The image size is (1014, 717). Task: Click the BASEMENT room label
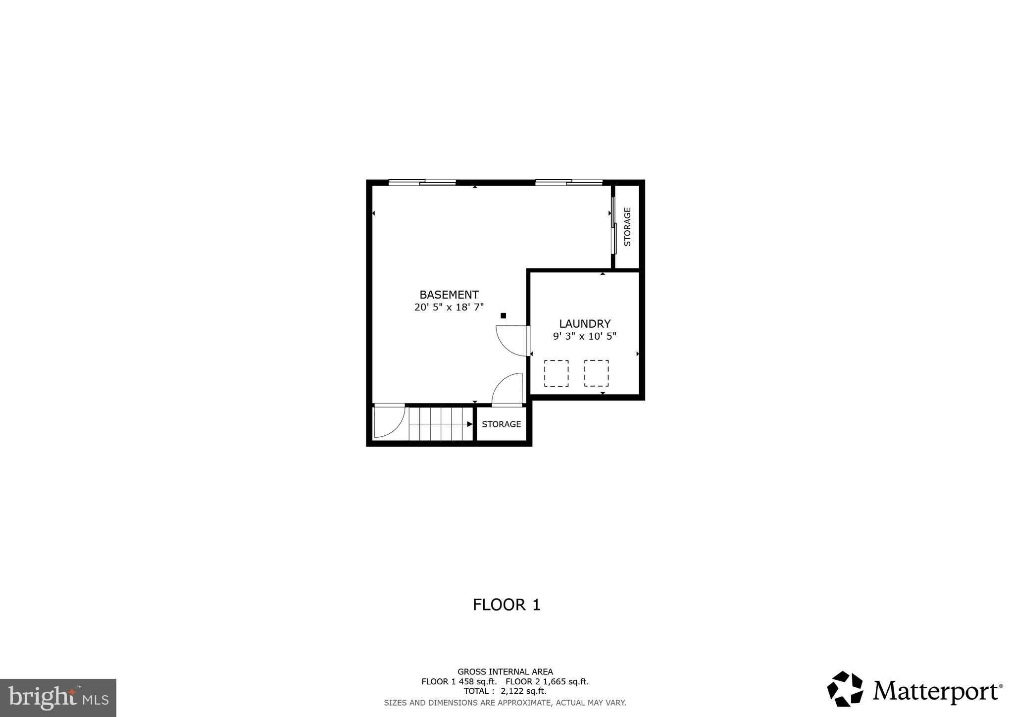point(449,295)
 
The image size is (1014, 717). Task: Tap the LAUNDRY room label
point(585,324)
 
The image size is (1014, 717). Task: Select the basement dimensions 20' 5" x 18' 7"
point(449,307)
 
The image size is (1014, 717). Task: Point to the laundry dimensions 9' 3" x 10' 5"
point(585,337)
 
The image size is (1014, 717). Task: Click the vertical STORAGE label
point(627,227)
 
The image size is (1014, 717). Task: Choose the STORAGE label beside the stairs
point(501,424)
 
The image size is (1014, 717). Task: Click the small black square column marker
point(504,315)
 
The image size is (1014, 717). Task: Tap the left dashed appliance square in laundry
point(556,373)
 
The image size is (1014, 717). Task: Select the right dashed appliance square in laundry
point(596,373)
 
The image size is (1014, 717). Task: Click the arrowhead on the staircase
point(469,424)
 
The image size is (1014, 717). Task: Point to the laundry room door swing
point(512,341)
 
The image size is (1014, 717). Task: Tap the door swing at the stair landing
point(389,421)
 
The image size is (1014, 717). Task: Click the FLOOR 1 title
point(507,605)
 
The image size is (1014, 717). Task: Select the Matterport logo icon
point(845,689)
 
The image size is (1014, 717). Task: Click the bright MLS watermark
point(58,698)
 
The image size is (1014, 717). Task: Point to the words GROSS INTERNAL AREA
point(505,672)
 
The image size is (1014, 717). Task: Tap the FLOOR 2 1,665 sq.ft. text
point(547,682)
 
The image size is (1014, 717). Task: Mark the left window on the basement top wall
point(422,182)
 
